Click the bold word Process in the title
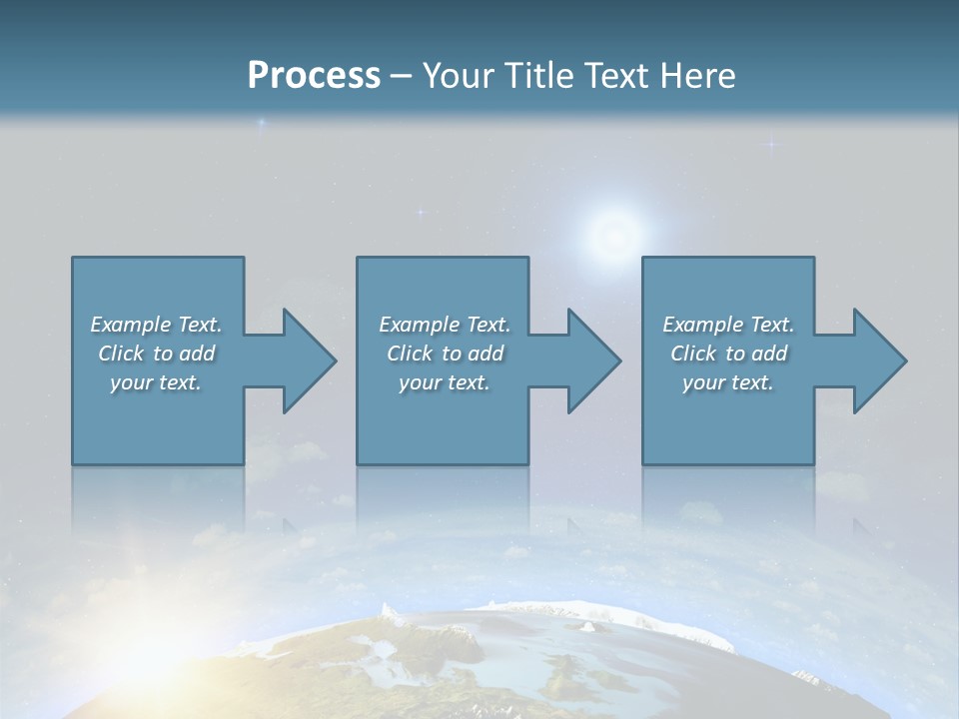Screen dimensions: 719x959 coord(314,75)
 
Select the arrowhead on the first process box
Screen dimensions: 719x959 coord(305,360)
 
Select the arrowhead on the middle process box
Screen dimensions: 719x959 coord(590,360)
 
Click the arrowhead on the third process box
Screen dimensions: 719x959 coord(876,360)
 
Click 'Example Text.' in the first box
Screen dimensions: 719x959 coord(156,325)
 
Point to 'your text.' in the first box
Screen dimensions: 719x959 coord(156,382)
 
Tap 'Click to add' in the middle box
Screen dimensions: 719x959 coord(445,354)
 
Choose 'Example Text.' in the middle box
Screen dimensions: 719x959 coord(445,325)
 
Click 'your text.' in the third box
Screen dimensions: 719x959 coord(728,382)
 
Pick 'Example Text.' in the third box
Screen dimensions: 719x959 coord(728,325)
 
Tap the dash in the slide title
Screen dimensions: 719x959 coord(402,76)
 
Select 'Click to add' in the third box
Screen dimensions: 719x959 coord(728,354)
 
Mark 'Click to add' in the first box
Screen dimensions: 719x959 coord(156,354)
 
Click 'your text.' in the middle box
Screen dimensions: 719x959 coord(445,382)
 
